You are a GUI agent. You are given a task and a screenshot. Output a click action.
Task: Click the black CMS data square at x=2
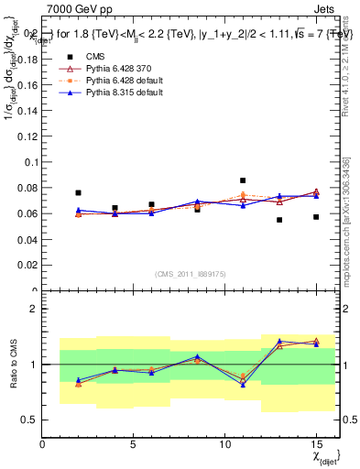[x=79, y=193]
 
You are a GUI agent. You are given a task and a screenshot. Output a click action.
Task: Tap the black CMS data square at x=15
[x=316, y=217]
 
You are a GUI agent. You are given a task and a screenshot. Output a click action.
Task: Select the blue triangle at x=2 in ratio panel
[x=79, y=380]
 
